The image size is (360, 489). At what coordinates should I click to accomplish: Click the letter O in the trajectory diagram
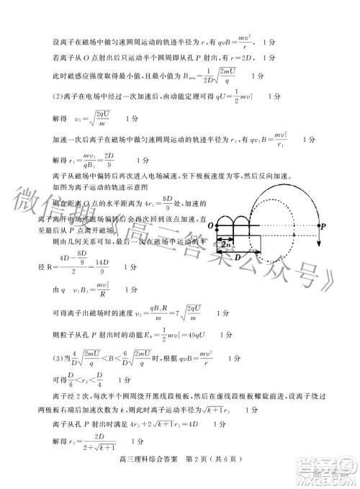pos(210,227)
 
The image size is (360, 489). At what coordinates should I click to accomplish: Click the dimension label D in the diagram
pos(238,256)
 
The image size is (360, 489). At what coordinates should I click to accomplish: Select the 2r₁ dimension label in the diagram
pos(225,245)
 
